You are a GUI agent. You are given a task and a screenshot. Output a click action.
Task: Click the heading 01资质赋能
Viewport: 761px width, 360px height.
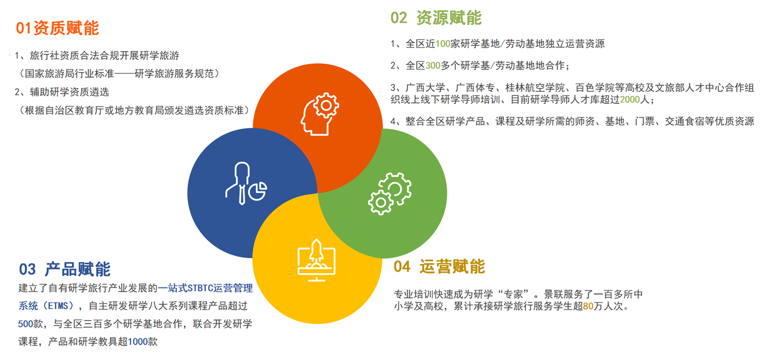tap(57, 28)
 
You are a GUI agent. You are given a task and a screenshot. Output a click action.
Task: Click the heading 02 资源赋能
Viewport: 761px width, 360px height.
tap(436, 18)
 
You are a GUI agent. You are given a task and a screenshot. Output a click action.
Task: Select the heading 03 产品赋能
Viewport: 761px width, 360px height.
tap(65, 269)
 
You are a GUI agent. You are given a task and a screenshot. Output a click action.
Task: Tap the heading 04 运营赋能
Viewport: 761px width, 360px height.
tap(439, 266)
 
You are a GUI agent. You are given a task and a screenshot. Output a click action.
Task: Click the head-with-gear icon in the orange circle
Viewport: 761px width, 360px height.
tap(320, 114)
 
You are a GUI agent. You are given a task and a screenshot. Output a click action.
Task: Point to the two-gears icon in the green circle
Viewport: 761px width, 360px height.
tap(390, 194)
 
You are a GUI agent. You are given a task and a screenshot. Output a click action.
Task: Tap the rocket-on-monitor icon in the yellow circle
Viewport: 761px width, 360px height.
tap(317, 260)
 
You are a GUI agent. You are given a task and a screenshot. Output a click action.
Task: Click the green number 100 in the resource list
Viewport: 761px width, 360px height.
tap(443, 44)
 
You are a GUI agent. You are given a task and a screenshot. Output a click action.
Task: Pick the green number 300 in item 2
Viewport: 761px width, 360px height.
tap(433, 65)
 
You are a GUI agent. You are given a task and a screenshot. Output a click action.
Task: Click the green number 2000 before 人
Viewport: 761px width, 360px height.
tap(630, 100)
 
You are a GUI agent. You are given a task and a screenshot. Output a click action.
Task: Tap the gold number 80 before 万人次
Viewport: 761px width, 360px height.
tap(588, 306)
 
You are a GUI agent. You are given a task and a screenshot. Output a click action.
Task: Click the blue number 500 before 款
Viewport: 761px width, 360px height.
tap(25, 324)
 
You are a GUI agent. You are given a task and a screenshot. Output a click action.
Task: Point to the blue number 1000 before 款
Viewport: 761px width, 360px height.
tap(137, 342)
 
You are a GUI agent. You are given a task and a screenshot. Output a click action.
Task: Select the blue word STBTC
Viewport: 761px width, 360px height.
tap(200, 289)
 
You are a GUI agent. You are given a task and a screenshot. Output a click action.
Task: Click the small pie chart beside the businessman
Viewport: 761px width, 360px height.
tap(258, 191)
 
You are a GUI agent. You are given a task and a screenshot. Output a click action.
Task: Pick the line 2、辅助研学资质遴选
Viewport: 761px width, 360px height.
tap(62, 92)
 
